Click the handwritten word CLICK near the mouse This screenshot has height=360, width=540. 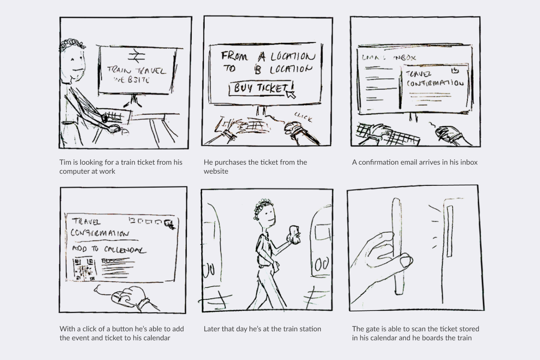303,117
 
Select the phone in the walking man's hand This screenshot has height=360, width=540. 295,234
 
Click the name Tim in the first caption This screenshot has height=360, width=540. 65,162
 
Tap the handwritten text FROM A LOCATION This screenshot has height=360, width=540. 267,57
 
